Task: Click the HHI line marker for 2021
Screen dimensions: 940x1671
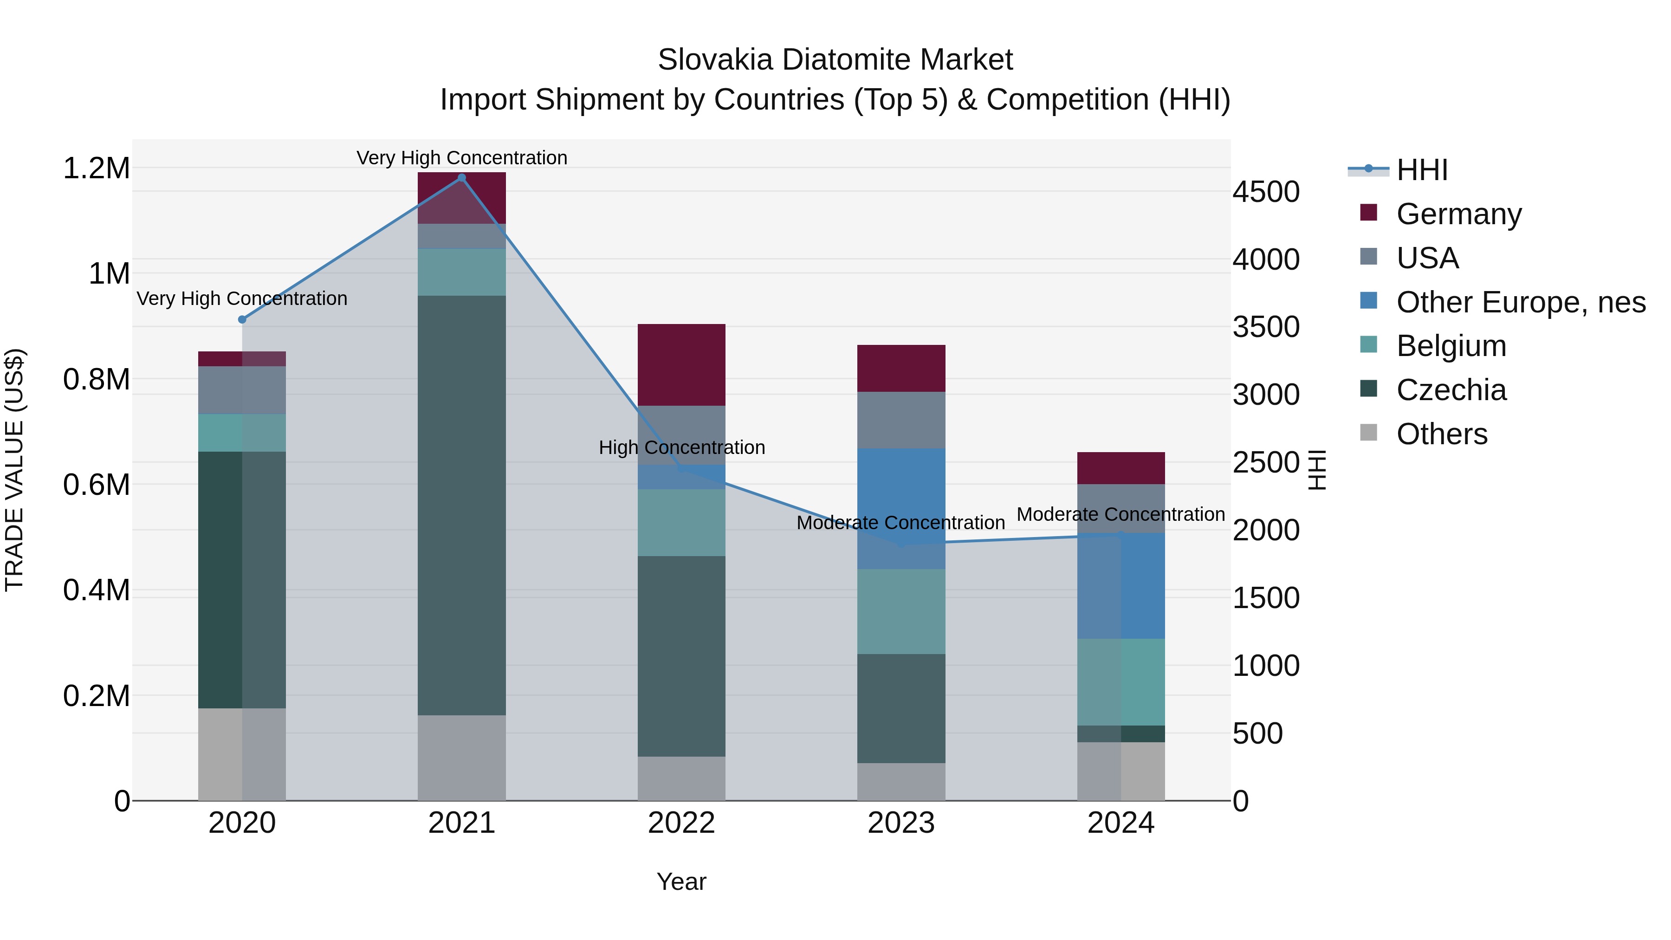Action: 462,178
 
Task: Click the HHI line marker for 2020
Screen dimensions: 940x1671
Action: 242,319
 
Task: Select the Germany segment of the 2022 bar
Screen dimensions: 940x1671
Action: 681,364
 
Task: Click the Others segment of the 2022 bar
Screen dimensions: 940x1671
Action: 681,778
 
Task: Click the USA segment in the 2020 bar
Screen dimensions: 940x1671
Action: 242,390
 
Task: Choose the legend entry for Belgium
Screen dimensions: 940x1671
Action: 1451,346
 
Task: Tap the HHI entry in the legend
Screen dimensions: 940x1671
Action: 1421,170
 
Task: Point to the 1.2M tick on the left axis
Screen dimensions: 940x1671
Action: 96,168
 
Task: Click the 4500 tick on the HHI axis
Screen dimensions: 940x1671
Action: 1266,192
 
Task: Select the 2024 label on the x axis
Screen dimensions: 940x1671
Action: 1120,823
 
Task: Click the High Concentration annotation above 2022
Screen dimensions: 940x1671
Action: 681,447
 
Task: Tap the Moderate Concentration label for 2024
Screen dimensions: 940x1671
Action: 1120,514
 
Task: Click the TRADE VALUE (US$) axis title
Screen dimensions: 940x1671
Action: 14,470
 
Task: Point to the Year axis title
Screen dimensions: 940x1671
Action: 681,882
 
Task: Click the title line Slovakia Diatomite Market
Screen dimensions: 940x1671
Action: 835,60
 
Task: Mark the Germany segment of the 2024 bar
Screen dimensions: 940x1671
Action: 1120,468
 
